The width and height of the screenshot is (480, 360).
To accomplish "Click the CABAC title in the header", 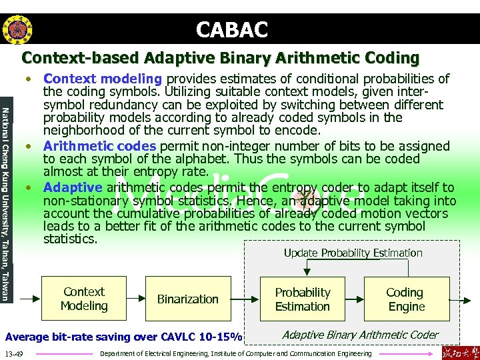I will coord(232,29).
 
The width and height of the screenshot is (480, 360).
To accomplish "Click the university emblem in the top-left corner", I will coord(15,29).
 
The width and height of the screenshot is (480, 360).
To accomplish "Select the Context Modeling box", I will coord(83,299).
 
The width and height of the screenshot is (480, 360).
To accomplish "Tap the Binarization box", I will coord(187,299).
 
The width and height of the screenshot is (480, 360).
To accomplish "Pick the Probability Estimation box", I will coord(303,299).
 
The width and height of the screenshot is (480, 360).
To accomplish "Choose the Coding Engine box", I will coord(405,299).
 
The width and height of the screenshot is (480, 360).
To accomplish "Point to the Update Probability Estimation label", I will coord(353,253).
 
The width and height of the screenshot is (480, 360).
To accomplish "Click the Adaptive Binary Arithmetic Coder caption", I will coord(360,335).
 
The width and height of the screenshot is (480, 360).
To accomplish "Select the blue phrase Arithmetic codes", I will coord(99,146).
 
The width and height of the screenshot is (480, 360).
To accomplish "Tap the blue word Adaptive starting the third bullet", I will coord(73,187).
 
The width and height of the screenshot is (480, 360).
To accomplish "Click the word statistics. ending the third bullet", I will coord(70,239).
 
